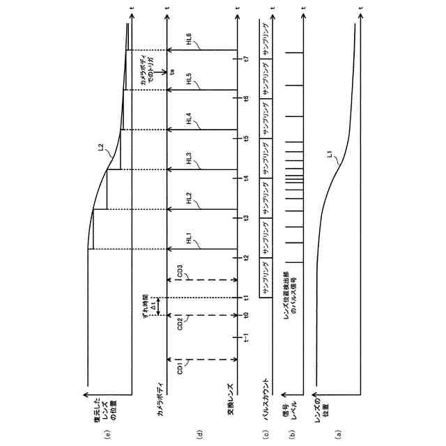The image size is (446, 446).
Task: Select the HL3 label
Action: (x=190, y=158)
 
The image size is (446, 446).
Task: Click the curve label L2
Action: (x=102, y=147)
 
